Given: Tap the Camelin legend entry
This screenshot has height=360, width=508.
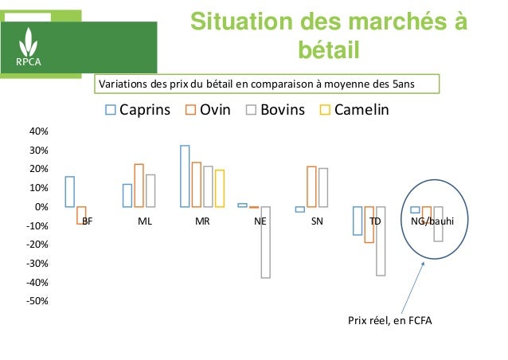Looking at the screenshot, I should (354, 110).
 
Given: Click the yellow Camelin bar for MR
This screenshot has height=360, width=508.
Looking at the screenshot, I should (220, 189).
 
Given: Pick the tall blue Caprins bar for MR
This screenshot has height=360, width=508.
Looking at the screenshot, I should (185, 176).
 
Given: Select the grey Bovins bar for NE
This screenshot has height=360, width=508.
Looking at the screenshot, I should (265, 242).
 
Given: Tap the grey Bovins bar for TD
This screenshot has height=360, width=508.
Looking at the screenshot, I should (381, 241).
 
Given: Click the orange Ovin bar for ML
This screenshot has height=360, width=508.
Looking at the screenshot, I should (139, 186).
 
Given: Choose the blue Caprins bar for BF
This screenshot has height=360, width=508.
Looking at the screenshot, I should (70, 192).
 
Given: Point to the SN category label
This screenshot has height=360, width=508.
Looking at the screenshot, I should (318, 222).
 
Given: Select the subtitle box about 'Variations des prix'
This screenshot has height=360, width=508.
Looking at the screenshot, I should (266, 83).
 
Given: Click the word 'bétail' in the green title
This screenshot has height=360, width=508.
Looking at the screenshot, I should (327, 51).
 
